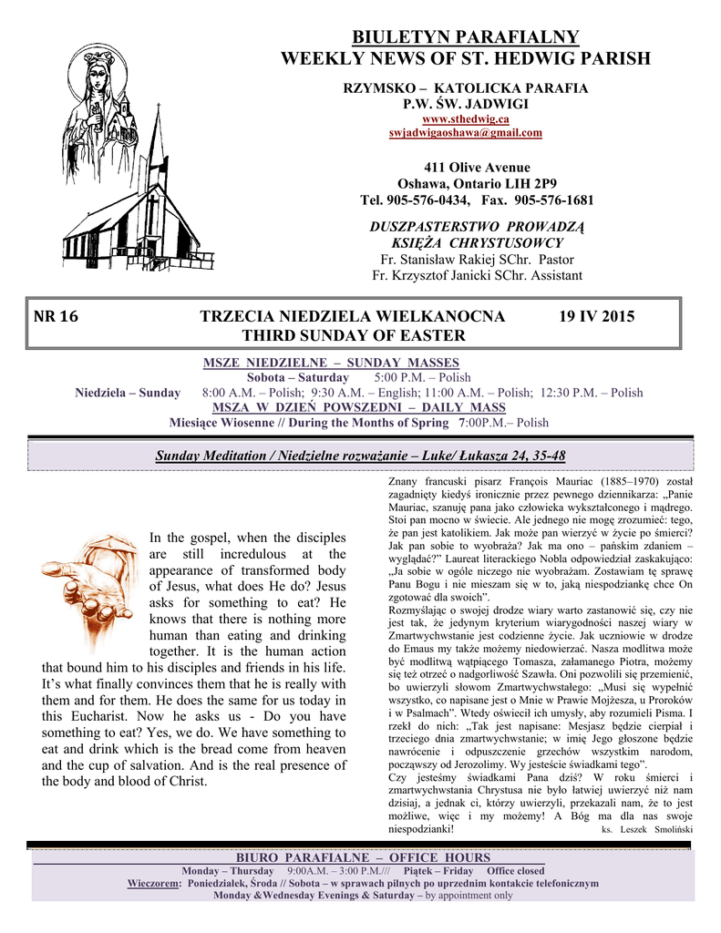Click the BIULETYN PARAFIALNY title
tap(465, 37)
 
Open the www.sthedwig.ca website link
tap(465, 119)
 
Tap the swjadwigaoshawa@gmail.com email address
tap(465, 133)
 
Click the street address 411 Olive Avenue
tap(465, 168)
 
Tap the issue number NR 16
tap(57, 317)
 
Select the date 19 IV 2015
tap(596, 317)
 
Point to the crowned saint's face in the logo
tap(99, 73)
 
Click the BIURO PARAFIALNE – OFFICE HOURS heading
tap(363, 858)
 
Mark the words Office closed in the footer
tap(515, 871)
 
